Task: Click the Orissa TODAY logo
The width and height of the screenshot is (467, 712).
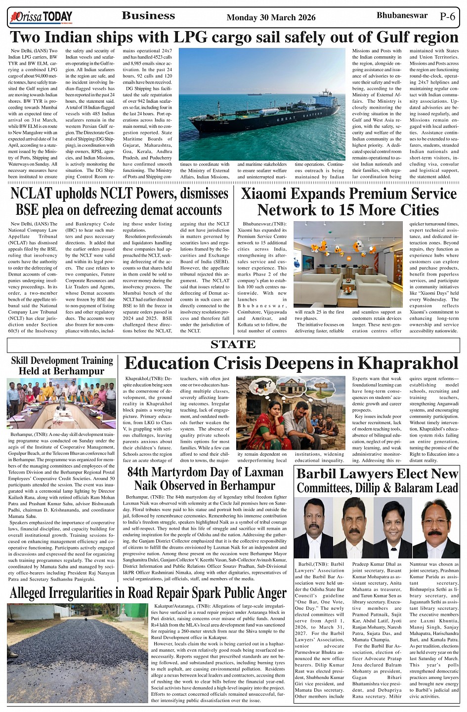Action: (41, 18)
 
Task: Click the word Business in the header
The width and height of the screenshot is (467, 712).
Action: (148, 16)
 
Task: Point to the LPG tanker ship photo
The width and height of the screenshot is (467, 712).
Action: (262, 104)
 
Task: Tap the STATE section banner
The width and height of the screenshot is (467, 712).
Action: (233, 345)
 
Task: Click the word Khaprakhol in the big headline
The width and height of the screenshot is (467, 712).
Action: (407, 363)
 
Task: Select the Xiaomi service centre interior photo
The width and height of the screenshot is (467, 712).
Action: (348, 265)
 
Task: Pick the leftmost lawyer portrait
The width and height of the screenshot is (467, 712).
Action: (313, 528)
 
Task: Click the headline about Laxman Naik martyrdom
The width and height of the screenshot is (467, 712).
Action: (205, 478)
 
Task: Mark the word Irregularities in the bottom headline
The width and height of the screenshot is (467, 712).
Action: (99, 592)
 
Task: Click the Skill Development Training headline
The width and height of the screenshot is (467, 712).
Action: (62, 365)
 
